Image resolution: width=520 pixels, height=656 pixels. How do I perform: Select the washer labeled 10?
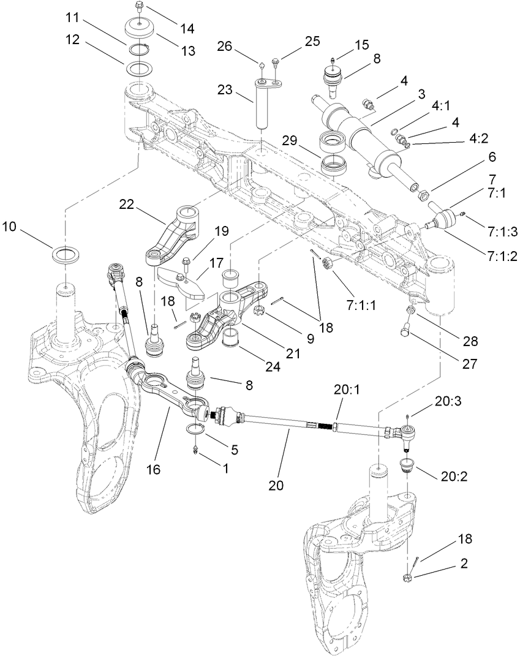click(66, 253)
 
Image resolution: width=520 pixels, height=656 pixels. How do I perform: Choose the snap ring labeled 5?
click(195, 430)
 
